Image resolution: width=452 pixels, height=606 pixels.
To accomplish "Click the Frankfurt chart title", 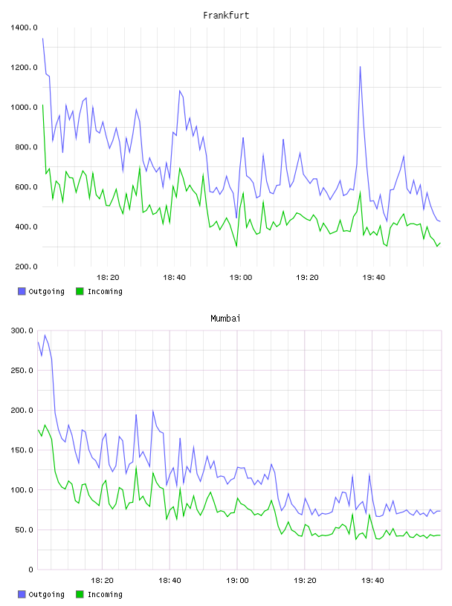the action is click(226, 16).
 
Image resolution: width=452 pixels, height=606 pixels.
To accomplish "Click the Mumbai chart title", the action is click(225, 319).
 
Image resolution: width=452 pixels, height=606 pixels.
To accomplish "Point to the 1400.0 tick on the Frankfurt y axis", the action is click(24, 27).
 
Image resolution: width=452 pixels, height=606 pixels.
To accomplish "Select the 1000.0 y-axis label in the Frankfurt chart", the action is click(24, 107).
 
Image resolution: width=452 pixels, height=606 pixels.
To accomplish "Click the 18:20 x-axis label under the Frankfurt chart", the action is click(108, 278).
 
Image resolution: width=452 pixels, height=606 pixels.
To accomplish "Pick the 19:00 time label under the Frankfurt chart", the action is click(241, 278).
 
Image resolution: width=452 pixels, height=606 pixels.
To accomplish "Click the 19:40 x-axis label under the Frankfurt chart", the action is click(374, 278).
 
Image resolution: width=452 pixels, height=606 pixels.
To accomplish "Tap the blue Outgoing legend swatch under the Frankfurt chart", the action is click(22, 291).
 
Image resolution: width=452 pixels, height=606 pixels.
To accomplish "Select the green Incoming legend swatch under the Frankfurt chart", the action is click(80, 291).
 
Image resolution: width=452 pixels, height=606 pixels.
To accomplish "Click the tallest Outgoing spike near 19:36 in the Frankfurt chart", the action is click(361, 67).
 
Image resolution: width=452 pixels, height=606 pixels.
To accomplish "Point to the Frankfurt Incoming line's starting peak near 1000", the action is click(42, 105).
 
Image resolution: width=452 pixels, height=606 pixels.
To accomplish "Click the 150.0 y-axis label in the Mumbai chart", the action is click(22, 450).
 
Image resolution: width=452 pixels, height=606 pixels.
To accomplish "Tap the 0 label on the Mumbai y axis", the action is click(30, 570).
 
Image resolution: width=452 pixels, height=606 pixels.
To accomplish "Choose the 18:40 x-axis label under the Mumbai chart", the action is click(170, 581).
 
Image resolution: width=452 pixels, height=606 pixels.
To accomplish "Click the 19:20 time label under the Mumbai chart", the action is click(305, 581).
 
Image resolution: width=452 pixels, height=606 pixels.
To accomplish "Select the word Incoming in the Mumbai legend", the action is click(105, 594).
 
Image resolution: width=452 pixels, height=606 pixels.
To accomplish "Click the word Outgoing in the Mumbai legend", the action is click(46, 594).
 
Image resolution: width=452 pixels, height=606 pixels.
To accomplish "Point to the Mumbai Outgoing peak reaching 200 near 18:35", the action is click(153, 411).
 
